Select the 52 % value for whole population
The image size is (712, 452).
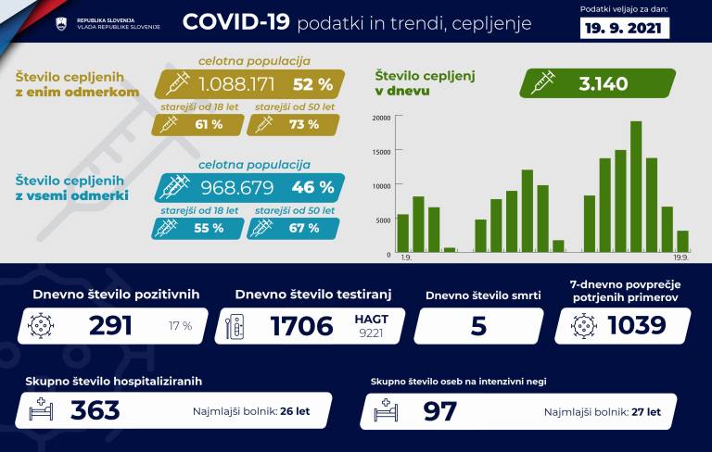[311, 84]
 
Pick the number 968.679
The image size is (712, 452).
[229, 188]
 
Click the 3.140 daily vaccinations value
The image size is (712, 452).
[604, 84]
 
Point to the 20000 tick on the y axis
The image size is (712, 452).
[380, 118]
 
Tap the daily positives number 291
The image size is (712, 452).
[110, 326]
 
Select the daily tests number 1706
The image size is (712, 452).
[300, 326]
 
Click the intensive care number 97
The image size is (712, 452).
[439, 410]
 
